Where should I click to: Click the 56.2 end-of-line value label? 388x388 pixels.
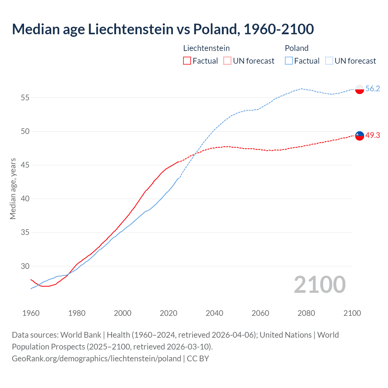373,89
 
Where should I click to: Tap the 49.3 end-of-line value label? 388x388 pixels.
373,135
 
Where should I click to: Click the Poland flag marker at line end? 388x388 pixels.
360,89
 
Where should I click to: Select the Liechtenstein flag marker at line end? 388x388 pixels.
360,136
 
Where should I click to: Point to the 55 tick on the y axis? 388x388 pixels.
25,98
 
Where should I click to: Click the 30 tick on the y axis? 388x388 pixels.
25,266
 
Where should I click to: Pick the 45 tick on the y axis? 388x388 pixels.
25,165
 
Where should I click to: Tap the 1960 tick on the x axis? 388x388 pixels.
31,313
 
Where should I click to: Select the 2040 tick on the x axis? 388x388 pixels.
214,313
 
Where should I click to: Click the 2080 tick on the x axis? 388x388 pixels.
306,313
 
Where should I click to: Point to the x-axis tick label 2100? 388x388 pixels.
352,313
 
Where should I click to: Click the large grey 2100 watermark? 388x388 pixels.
319,285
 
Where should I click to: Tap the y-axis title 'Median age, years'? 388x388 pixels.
13,189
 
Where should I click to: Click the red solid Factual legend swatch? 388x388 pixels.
187,61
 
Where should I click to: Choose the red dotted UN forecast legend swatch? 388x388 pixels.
227,61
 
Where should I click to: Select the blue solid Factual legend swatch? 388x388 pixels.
289,61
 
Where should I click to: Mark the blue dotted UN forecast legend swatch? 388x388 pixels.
329,61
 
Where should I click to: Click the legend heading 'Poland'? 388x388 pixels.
296,48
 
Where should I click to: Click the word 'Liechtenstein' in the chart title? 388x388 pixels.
131,29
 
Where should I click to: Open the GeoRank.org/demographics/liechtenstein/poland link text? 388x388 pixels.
96,358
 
